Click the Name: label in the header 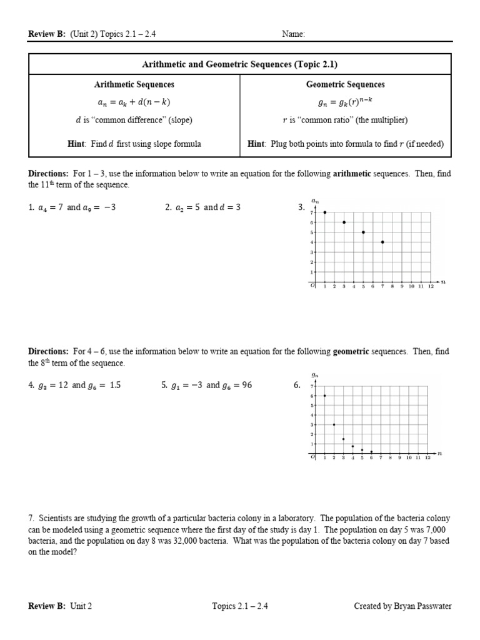[293, 34]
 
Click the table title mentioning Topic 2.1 [240, 64]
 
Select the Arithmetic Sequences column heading [134, 84]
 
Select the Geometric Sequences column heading [345, 84]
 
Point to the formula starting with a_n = [134, 102]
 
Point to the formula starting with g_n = [345, 102]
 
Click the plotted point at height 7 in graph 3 [325, 212]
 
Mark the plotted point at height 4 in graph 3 [382, 242]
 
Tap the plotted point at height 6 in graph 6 [324, 396]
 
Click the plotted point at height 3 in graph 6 [334, 424]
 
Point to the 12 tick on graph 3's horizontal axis [430, 286]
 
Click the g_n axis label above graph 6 [315, 376]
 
